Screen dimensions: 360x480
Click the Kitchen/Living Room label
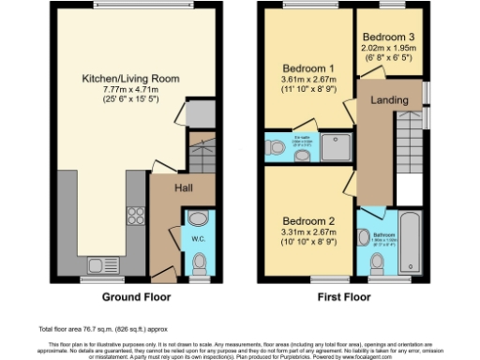pos(131,78)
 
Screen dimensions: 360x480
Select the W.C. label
pos(199,238)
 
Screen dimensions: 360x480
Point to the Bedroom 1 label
pos(308,68)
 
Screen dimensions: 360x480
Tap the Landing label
pos(387,100)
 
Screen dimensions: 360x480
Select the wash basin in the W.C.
pos(198,218)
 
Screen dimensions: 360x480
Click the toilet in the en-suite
pos(275,147)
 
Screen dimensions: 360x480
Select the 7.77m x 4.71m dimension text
pos(131,90)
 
